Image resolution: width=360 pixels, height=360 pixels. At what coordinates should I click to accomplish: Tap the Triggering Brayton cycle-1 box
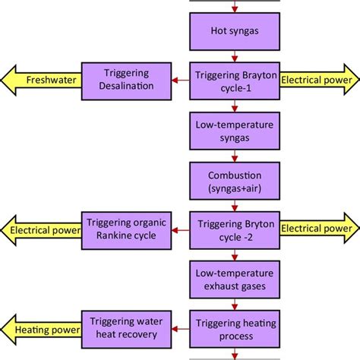[235, 79]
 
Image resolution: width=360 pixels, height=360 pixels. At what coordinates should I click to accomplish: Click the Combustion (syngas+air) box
[235, 180]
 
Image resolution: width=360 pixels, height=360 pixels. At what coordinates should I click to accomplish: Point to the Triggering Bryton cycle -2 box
[235, 229]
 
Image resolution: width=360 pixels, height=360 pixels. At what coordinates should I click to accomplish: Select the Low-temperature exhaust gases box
[235, 279]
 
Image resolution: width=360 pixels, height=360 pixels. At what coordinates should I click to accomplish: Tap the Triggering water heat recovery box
[126, 328]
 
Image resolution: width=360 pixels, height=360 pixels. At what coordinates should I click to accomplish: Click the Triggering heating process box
[235, 328]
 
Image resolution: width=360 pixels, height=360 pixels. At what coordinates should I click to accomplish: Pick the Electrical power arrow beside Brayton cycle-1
[319, 79]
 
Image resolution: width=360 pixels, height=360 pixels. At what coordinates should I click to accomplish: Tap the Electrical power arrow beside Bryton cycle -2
[319, 229]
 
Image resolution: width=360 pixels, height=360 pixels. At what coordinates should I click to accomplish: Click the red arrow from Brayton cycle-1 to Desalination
[180, 79]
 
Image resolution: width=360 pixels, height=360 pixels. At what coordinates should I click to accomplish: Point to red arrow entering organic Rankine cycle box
[180, 229]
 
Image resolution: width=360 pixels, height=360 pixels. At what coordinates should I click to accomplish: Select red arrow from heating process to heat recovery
[179, 328]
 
